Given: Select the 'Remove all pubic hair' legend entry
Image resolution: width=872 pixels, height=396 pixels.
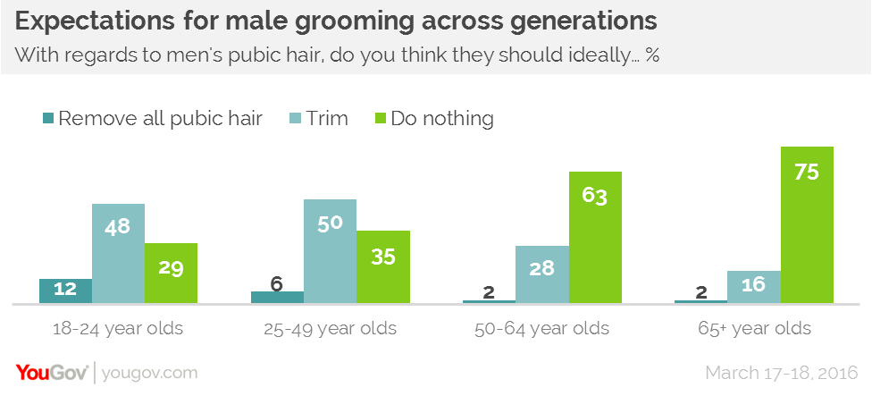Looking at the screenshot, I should click(152, 118).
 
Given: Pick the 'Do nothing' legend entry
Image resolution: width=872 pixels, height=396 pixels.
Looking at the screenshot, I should click(433, 118).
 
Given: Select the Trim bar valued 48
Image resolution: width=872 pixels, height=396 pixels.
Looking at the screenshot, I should click(118, 254).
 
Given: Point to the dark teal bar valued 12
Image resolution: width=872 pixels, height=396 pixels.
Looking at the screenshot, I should click(65, 291).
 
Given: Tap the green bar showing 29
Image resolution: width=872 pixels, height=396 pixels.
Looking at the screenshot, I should click(171, 274).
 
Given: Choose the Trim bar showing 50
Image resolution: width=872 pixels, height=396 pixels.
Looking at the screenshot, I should click(330, 251).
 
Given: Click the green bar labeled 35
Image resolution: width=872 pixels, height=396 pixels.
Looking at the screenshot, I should click(382, 267).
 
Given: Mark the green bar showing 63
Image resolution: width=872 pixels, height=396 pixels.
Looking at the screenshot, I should click(594, 238).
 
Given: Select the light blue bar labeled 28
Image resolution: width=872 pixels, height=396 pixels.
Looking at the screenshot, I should click(541, 274).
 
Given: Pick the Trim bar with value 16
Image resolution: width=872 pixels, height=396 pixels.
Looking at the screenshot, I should click(753, 287).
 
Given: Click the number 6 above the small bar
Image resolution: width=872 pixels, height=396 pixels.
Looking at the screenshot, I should click(277, 282).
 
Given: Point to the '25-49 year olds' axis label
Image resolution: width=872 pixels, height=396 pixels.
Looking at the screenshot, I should click(330, 328).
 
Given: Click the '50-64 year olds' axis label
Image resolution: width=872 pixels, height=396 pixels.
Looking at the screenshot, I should click(541, 328).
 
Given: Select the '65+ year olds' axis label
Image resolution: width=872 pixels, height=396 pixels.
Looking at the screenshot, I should click(753, 328).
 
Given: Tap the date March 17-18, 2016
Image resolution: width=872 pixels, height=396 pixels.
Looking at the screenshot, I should click(782, 372).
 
